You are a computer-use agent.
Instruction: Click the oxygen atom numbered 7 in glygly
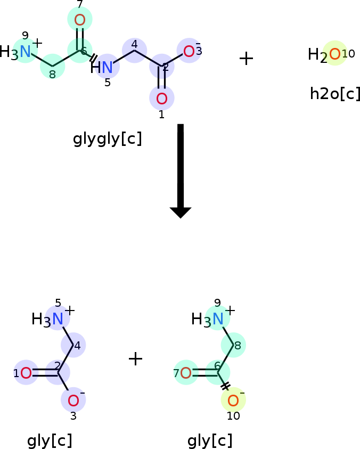[x=80, y=20]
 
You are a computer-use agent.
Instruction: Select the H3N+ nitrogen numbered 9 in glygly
[x=25, y=52]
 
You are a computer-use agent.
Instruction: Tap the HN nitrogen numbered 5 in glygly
[x=107, y=67]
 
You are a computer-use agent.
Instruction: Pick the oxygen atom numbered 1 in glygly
[x=162, y=99]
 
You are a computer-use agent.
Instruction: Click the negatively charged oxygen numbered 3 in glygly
[x=189, y=51]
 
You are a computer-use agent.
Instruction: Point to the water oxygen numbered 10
[x=335, y=54]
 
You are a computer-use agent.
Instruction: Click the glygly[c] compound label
[x=108, y=139]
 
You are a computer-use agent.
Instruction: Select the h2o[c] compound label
[x=335, y=93]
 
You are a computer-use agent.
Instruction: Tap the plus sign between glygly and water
[x=246, y=59]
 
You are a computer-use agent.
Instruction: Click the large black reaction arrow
[x=181, y=171]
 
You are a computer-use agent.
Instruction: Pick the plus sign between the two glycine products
[x=135, y=359]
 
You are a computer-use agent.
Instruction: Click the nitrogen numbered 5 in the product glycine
[x=58, y=319]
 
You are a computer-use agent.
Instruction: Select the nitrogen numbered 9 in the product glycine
[x=218, y=319]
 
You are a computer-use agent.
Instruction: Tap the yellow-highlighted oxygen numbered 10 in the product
[x=233, y=400]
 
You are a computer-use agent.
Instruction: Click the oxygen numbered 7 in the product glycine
[x=186, y=373]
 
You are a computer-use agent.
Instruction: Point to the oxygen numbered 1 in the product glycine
[x=26, y=373]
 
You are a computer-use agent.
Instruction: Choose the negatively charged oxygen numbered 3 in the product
[x=73, y=400]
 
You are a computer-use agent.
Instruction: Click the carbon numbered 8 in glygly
[x=52, y=67]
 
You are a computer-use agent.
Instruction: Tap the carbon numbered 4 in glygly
[x=135, y=51]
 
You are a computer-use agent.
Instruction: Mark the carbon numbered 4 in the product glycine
[x=73, y=345]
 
